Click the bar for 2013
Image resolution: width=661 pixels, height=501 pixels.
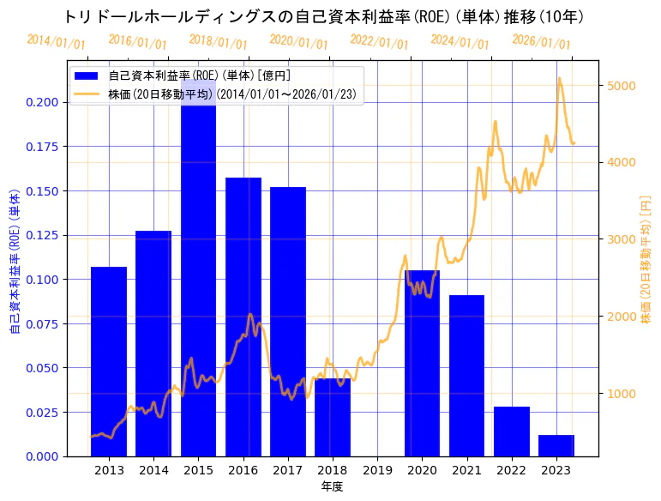pos(109,361)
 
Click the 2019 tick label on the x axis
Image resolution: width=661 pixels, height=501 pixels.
pos(377,470)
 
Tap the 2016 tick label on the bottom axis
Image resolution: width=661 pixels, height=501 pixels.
pos(243,470)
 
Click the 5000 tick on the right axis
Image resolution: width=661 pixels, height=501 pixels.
pos(621,86)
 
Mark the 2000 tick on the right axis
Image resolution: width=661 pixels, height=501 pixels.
pos(621,317)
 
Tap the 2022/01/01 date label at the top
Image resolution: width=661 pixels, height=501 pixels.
pos(380,41)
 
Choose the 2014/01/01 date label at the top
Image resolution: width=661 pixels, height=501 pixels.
pos(57,41)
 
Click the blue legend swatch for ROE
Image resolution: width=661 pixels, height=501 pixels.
pos(87,76)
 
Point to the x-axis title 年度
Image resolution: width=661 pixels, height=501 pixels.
pos(333,486)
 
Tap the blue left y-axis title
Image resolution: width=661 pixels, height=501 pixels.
pos(15,259)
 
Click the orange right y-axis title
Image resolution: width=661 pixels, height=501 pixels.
pos(646,259)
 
